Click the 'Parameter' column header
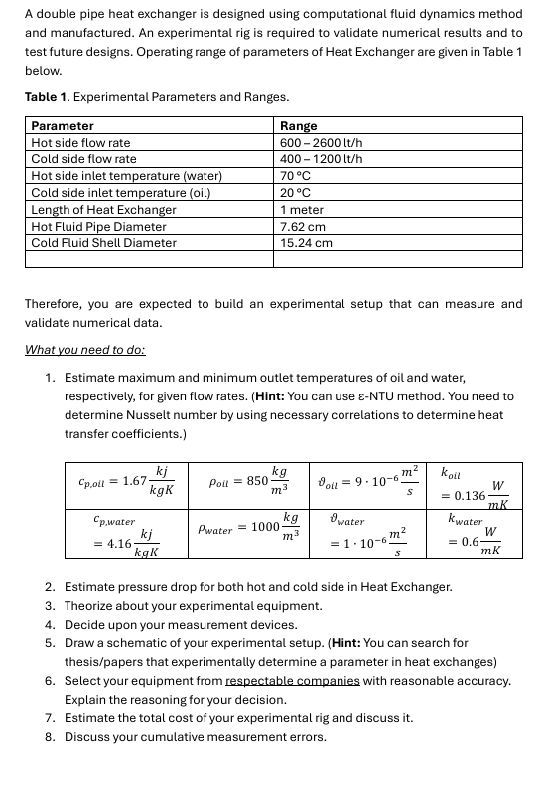63,126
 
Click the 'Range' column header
299,126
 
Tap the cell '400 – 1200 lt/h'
322,159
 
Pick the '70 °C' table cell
296,176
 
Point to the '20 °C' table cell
296,193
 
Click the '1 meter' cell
301,210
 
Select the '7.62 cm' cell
303,226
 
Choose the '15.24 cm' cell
306,242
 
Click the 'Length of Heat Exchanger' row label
103,210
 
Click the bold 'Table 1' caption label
48,97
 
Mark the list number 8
50,736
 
